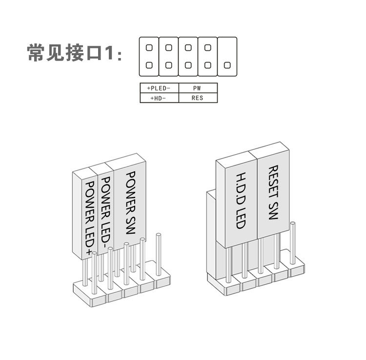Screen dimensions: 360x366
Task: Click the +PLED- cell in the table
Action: (x=159, y=88)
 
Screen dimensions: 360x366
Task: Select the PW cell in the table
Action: (x=198, y=88)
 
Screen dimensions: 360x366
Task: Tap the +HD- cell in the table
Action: (x=159, y=98)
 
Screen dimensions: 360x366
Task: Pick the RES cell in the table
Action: (x=198, y=98)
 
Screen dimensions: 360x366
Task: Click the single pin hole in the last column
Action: (x=226, y=65)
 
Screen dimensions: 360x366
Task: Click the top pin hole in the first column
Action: (x=149, y=47)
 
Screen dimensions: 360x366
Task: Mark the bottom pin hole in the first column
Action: (x=149, y=65)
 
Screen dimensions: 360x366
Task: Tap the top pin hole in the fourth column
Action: (x=207, y=47)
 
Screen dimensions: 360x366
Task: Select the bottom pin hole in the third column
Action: (x=188, y=65)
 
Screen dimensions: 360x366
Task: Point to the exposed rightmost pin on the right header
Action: (x=293, y=244)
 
